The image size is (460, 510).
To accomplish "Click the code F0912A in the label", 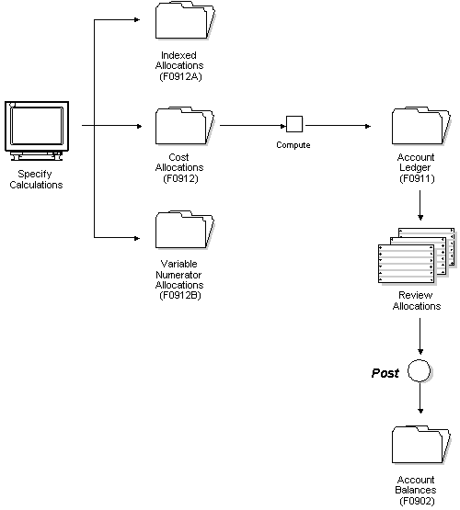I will pos(181,76).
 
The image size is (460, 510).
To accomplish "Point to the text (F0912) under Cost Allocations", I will pos(181,178).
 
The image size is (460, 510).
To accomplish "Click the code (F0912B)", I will pos(181,295).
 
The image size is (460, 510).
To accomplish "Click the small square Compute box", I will pos(293,124).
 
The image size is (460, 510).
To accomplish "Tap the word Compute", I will pos(293,145).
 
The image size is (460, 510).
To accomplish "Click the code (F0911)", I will pos(416,178).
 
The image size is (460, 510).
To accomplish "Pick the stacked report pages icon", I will pos(416,258).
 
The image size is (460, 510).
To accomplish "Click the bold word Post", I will pos(385,373).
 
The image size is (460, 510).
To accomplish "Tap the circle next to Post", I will pos(420,373).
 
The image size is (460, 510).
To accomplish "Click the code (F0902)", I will pos(416,502).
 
